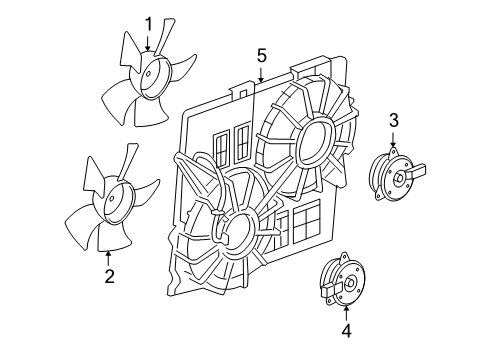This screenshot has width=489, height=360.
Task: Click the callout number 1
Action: point(148,23)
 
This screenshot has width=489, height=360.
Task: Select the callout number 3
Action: point(393,122)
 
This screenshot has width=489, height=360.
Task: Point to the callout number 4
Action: point(345,327)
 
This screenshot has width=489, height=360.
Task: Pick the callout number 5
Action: point(260,55)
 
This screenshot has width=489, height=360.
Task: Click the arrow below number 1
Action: point(148,42)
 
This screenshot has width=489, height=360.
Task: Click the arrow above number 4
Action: point(345,308)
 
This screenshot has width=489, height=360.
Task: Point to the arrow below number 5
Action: point(260,75)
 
